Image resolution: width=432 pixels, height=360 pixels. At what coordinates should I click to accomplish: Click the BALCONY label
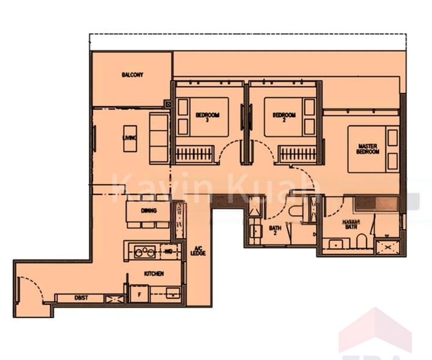[x=132, y=75]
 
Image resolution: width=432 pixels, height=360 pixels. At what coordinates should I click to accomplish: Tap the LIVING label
[x=127, y=139]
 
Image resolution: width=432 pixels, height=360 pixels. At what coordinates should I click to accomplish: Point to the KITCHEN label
[x=154, y=273]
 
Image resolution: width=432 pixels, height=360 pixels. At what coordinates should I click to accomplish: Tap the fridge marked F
[x=139, y=295]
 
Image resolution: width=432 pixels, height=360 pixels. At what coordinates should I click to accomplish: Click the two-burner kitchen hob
[x=145, y=251]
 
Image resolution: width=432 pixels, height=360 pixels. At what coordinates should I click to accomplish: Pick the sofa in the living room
[x=159, y=137]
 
